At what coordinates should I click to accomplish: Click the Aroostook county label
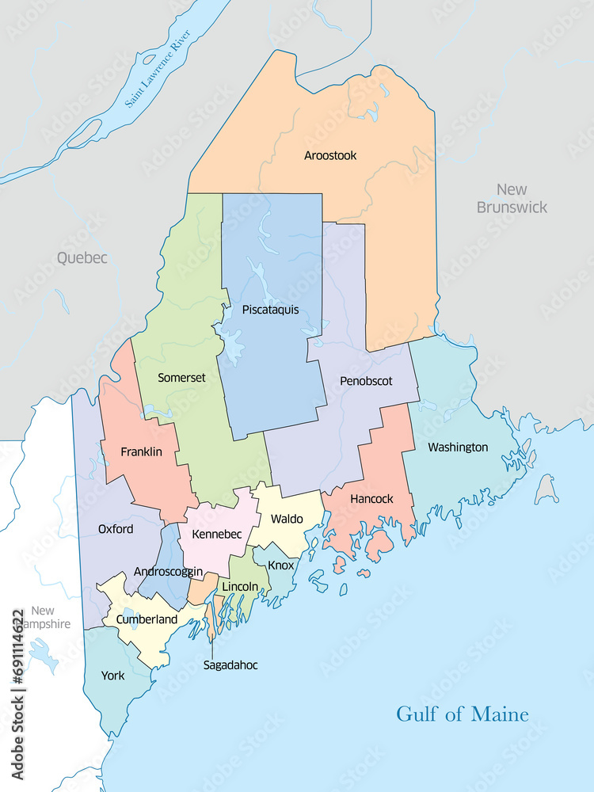[x=330, y=156]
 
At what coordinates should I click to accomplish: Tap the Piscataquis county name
[x=271, y=310]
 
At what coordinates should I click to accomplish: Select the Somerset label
[x=181, y=378]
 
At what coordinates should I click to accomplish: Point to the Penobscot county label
[x=366, y=381]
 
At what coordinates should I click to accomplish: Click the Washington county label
[x=458, y=447]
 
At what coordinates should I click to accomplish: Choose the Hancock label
[x=371, y=499]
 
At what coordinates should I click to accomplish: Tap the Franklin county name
[x=141, y=452]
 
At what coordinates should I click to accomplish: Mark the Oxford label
[x=116, y=529]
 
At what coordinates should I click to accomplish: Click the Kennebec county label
[x=216, y=535]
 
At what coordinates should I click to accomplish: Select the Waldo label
[x=287, y=520]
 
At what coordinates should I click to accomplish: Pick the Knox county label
[x=280, y=565]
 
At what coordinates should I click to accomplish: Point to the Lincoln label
[x=240, y=586]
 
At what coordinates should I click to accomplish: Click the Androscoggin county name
[x=168, y=572]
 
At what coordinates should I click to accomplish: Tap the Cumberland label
[x=147, y=619]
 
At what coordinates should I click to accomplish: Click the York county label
[x=112, y=676]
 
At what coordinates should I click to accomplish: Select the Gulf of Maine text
[x=463, y=714]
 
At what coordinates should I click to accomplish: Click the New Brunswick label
[x=512, y=198]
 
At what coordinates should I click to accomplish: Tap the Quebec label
[x=82, y=258]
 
